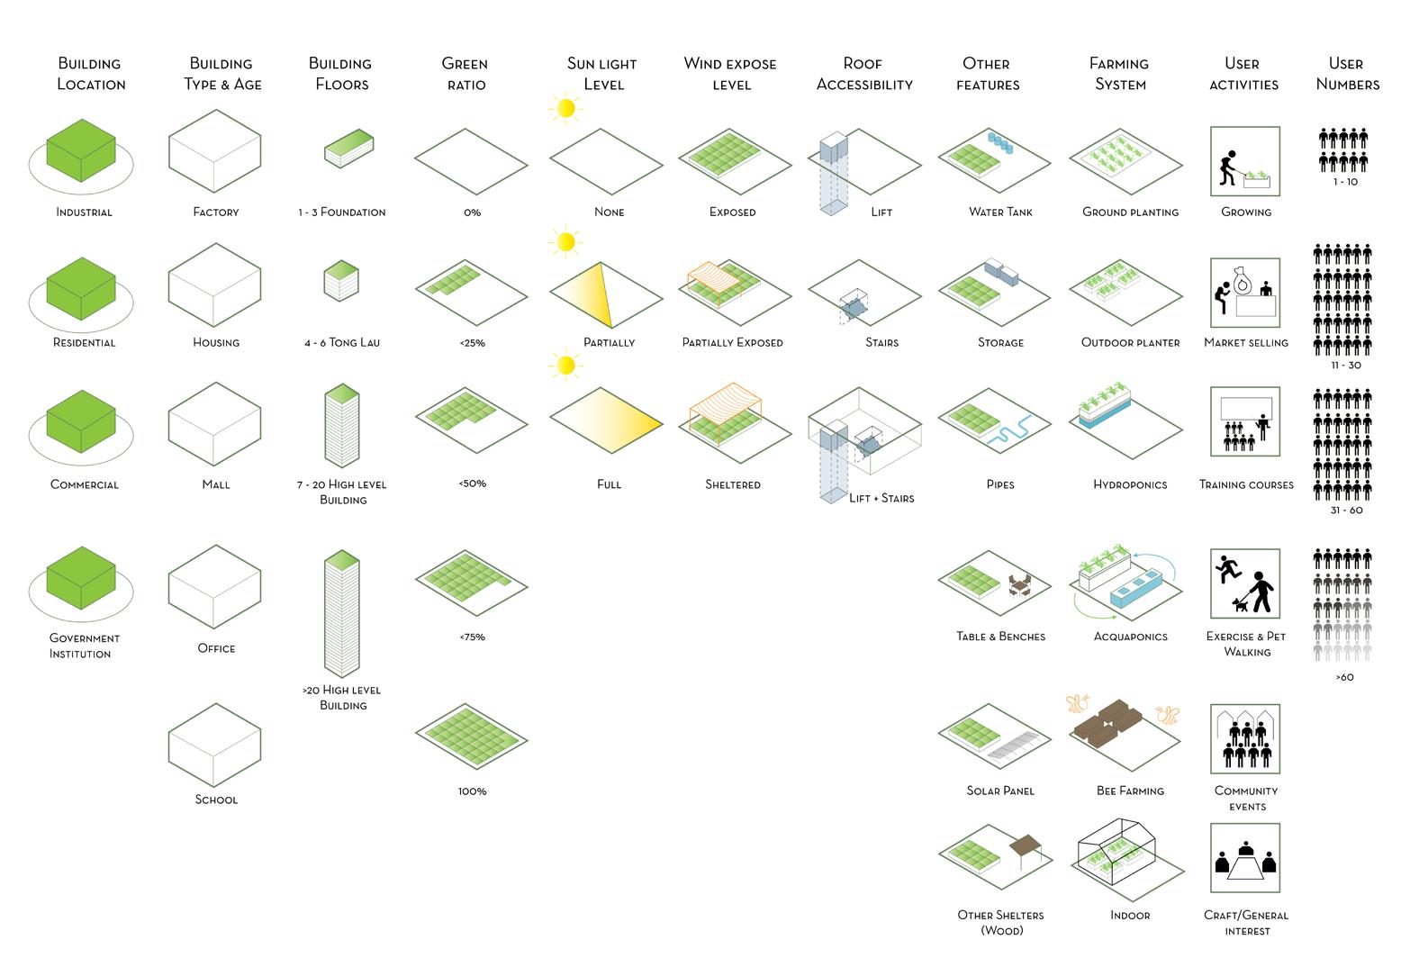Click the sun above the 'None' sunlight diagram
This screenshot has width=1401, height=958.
pyautogui.click(x=565, y=109)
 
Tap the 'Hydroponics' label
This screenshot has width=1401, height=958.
pyautogui.click(x=1130, y=484)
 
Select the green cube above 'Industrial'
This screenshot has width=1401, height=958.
pyautogui.click(x=81, y=150)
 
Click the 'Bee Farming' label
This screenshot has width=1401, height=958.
pyautogui.click(x=1130, y=791)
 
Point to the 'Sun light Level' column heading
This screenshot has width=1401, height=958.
pyautogui.click(x=602, y=74)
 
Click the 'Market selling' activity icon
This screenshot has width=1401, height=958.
pyautogui.click(x=1245, y=292)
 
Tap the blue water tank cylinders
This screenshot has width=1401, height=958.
pyautogui.click(x=1000, y=142)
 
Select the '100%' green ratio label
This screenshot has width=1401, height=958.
pyautogui.click(x=472, y=791)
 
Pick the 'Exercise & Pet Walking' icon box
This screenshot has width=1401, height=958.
pyautogui.click(x=1245, y=583)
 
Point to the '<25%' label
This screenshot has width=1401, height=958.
pyautogui.click(x=472, y=343)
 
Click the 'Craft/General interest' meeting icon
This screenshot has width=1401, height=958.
pyautogui.click(x=1245, y=858)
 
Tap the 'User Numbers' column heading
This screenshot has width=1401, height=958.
pyautogui.click(x=1347, y=74)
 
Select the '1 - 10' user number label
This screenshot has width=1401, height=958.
pyautogui.click(x=1345, y=182)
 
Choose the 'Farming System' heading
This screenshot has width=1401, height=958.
pyautogui.click(x=1119, y=74)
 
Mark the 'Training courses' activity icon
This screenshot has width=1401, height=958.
pyautogui.click(x=1245, y=422)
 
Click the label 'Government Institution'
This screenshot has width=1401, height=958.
pyautogui.click(x=84, y=646)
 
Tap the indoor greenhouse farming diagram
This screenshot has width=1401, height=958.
pyautogui.click(x=1116, y=851)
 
